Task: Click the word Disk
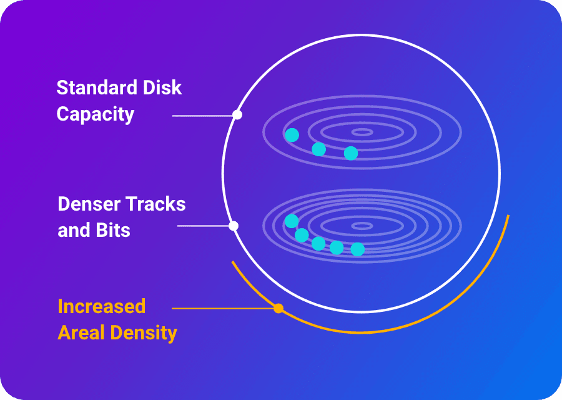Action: pos(162,87)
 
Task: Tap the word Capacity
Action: pos(96,114)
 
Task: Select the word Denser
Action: pos(89,204)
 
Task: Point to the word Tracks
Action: pos(156,204)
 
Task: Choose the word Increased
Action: pos(102,306)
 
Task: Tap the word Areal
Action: pos(81,332)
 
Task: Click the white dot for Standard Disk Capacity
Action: pos(237,115)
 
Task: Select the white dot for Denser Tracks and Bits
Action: pos(234,226)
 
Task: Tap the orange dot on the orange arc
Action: pos(279,309)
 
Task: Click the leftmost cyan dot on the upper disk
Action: pos(292,135)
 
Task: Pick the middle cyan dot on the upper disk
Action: pos(318,149)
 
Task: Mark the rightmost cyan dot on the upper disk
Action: pos(351,153)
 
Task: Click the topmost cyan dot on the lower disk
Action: pos(292,221)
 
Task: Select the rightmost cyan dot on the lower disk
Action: pos(357,249)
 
